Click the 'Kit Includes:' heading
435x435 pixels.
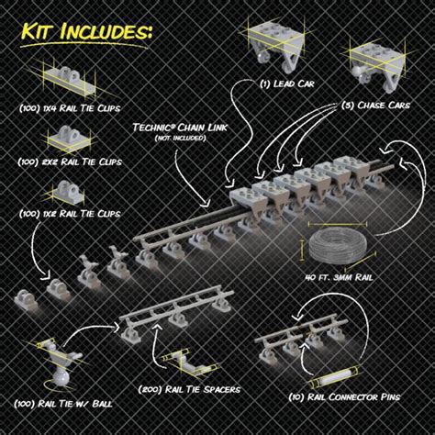(x=86, y=31)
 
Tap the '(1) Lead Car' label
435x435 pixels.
(x=286, y=84)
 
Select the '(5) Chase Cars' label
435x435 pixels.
(x=375, y=106)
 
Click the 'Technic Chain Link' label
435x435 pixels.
(x=180, y=128)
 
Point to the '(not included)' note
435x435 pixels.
(x=180, y=139)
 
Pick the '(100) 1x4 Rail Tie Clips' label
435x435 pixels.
(x=70, y=108)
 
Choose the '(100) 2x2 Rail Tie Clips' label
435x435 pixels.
(x=70, y=162)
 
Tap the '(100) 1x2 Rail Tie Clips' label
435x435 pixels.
(x=70, y=214)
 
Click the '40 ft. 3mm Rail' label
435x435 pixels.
(x=340, y=277)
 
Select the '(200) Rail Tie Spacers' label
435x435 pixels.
(x=189, y=390)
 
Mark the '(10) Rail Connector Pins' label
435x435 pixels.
(x=344, y=397)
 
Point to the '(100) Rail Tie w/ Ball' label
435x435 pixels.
(x=63, y=404)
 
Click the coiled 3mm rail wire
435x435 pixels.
(x=338, y=245)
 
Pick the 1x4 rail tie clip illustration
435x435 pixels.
(x=69, y=81)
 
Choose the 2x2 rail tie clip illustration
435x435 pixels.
(x=69, y=139)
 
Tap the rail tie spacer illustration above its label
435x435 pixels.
(x=186, y=362)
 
